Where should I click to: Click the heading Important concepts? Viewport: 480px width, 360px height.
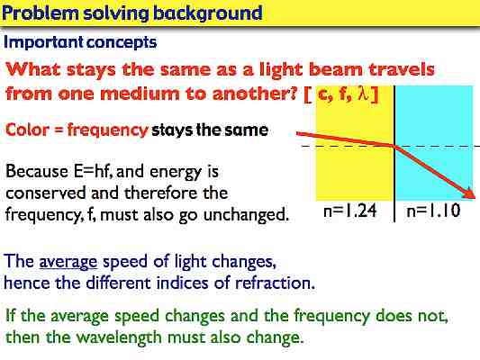pyautogui.click(x=80, y=42)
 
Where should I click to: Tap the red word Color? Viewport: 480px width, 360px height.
pyautogui.click(x=27, y=130)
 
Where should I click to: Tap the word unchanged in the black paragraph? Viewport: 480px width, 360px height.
pyautogui.click(x=253, y=214)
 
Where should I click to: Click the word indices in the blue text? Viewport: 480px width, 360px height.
pyautogui.click(x=200, y=282)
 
